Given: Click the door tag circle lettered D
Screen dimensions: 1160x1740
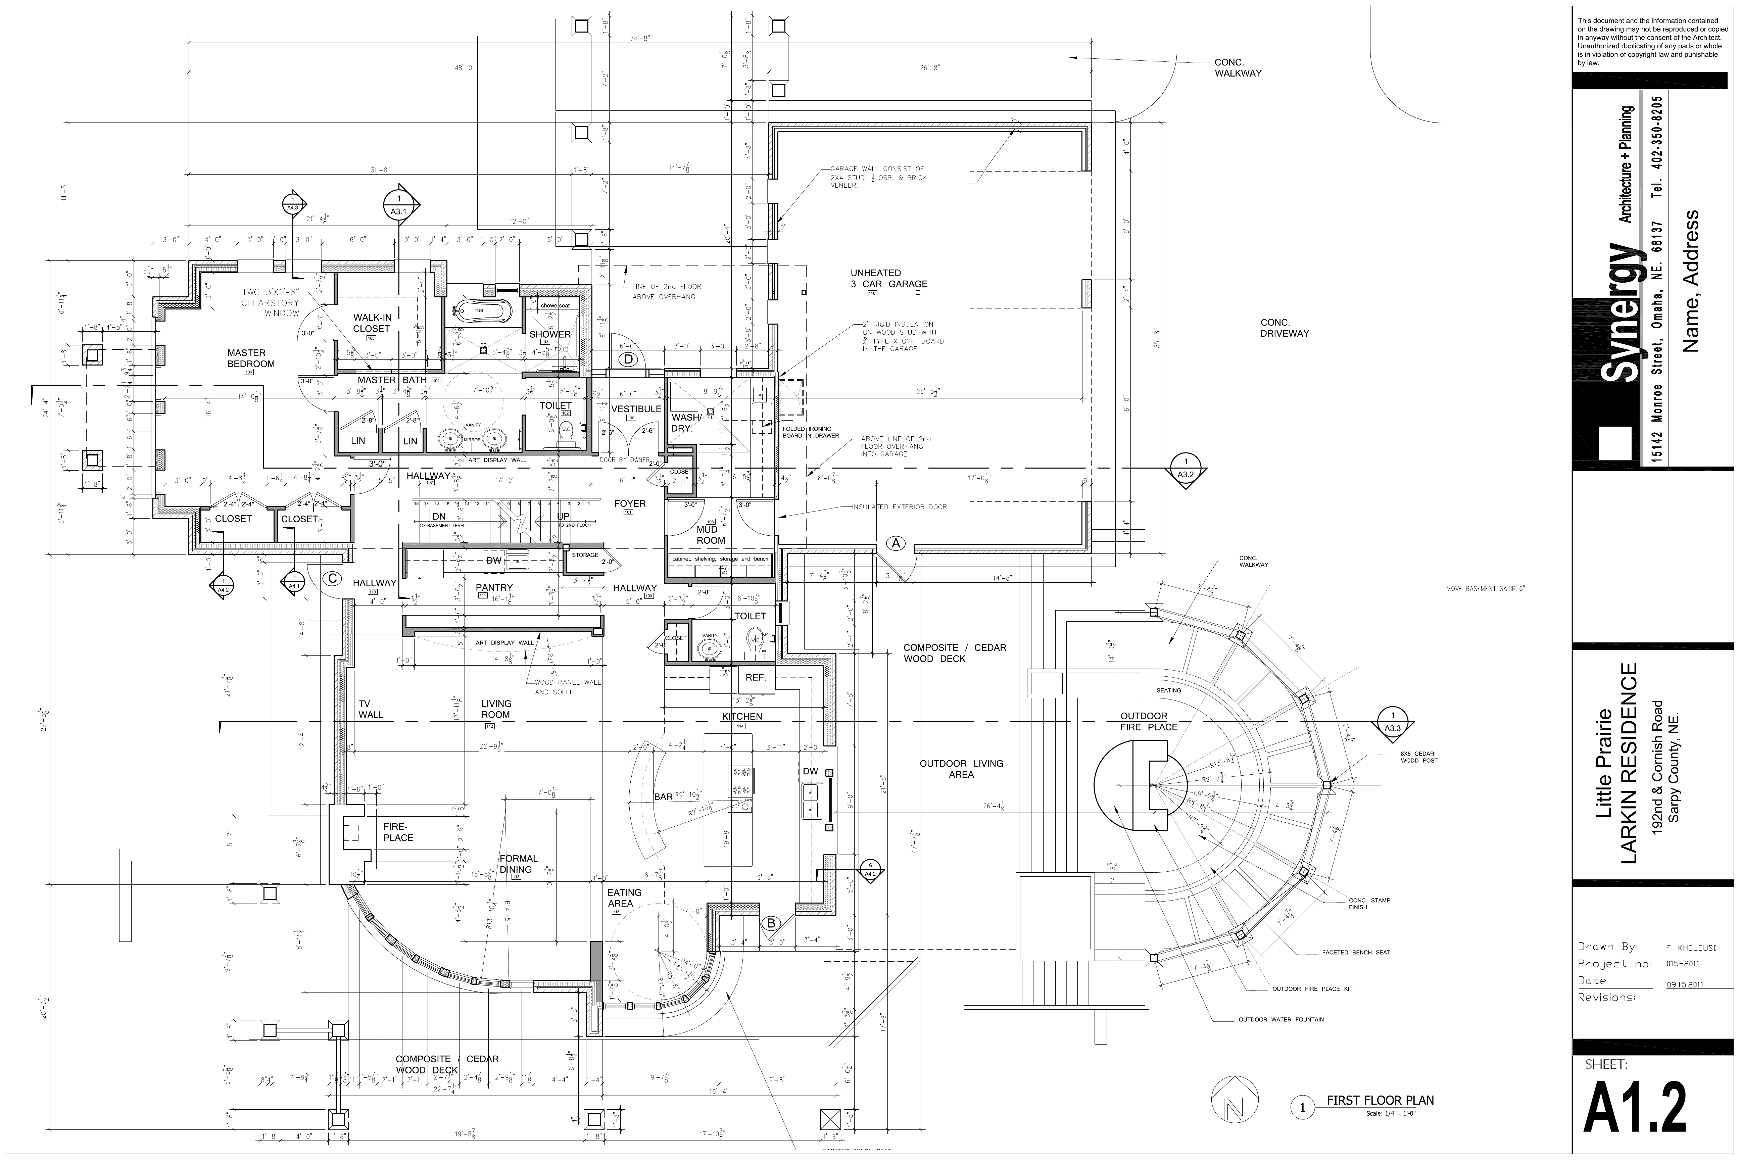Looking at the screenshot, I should pyautogui.click(x=628, y=359).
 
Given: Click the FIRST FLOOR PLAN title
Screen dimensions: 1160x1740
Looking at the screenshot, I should pyautogui.click(x=1380, y=1100).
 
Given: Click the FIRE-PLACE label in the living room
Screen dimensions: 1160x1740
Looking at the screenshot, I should pyautogui.click(x=398, y=831).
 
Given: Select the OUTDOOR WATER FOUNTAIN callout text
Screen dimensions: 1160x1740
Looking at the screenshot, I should pyautogui.click(x=1280, y=1019).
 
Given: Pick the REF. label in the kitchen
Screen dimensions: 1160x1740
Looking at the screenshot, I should pyautogui.click(x=755, y=677).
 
